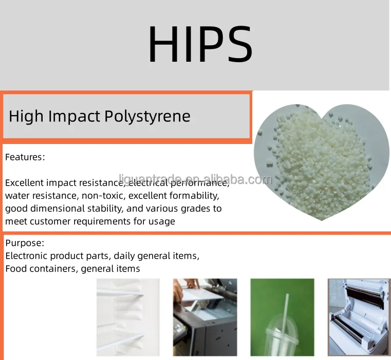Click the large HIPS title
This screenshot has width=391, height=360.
200,44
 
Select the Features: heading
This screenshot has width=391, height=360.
25,157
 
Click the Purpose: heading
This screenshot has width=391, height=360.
25,243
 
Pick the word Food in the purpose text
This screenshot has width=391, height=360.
15,268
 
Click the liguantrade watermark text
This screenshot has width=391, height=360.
195,179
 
